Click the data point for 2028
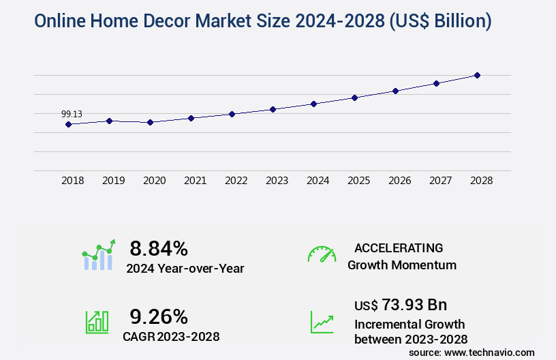click(x=477, y=75)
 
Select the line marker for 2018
click(x=68, y=124)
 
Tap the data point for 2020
click(x=150, y=122)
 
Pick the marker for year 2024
click(x=313, y=104)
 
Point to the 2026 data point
click(x=395, y=91)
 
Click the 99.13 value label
click(x=72, y=114)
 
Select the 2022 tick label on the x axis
click(x=236, y=181)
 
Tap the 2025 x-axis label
click(x=358, y=181)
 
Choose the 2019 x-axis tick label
click(x=113, y=181)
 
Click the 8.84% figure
click(x=159, y=247)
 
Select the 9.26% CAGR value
click(x=159, y=316)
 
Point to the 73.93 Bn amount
click(x=401, y=304)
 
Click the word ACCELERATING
click(x=399, y=247)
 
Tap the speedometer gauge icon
click(x=322, y=254)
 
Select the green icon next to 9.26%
click(x=97, y=322)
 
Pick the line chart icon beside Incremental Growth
click(x=322, y=322)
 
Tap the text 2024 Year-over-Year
click(x=185, y=268)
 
